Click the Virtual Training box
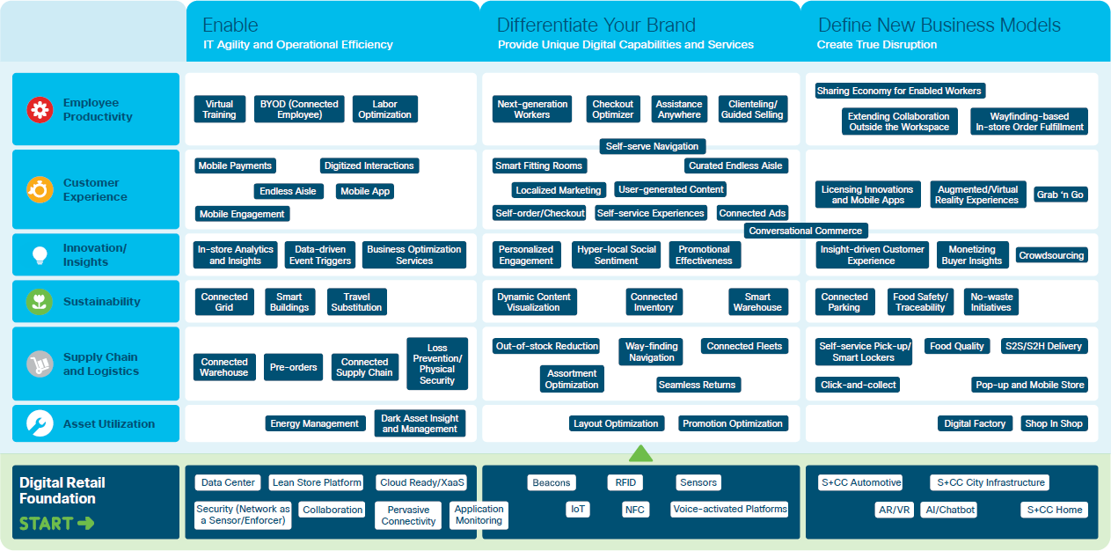tap(219, 109)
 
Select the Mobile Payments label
tap(235, 165)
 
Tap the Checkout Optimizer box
tap(613, 109)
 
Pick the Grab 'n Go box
tap(1060, 195)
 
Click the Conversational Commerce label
tap(806, 231)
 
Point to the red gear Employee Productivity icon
tap(40, 109)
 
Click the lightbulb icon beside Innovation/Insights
tap(40, 255)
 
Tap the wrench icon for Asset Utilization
tap(40, 423)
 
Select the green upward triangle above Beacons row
tap(640, 453)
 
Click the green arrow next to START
tap(85, 524)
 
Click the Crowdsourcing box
tap(1052, 255)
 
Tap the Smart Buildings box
tap(289, 302)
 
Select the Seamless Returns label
tap(698, 385)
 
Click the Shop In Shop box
tap(1054, 423)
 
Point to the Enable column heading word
tap(230, 25)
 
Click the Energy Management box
tap(315, 423)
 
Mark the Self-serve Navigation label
tap(653, 146)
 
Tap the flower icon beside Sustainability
tap(40, 302)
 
